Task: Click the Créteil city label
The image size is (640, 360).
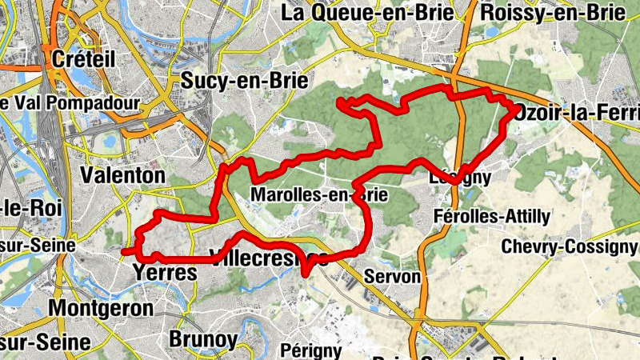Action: [x=83, y=58]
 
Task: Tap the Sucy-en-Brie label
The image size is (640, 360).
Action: [x=234, y=79]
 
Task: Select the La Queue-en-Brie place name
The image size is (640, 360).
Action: [x=368, y=13]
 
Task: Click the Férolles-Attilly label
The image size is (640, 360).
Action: [x=491, y=216]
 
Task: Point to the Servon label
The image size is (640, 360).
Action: [x=391, y=276]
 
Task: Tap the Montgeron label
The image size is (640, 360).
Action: [x=101, y=307]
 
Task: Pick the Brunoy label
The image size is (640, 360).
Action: [x=203, y=339]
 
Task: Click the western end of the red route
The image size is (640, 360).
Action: [x=125, y=251]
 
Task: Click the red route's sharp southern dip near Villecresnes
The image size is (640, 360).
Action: [x=306, y=274]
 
